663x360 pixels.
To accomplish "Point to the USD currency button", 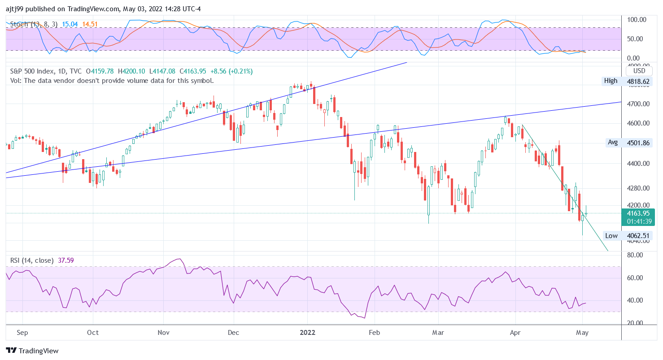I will click(639, 71).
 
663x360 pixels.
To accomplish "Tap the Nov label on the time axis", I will click(163, 333).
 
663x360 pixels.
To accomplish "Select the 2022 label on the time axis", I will click(308, 333).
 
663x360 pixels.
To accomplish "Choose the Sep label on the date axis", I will click(22, 333).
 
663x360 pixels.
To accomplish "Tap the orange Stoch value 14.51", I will click(90, 24).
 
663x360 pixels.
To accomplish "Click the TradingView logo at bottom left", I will click(32, 351).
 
